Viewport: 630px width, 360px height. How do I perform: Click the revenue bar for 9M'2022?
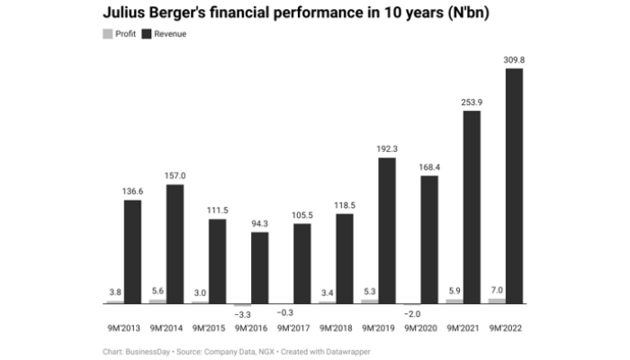pyautogui.click(x=514, y=185)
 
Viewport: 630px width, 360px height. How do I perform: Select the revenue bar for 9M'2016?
pyautogui.click(x=259, y=267)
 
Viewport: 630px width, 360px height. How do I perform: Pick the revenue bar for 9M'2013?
pyautogui.click(x=132, y=251)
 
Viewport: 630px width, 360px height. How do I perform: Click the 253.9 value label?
pyautogui.click(x=472, y=102)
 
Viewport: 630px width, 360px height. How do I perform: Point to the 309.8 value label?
pyautogui.click(x=514, y=59)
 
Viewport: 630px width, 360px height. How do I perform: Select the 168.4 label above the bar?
pyautogui.click(x=429, y=166)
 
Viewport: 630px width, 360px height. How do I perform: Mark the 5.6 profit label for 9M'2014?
pyautogui.click(x=157, y=291)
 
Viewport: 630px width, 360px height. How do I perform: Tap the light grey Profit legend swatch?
pyautogui.click(x=108, y=33)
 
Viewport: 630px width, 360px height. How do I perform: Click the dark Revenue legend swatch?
pyautogui.click(x=147, y=33)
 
